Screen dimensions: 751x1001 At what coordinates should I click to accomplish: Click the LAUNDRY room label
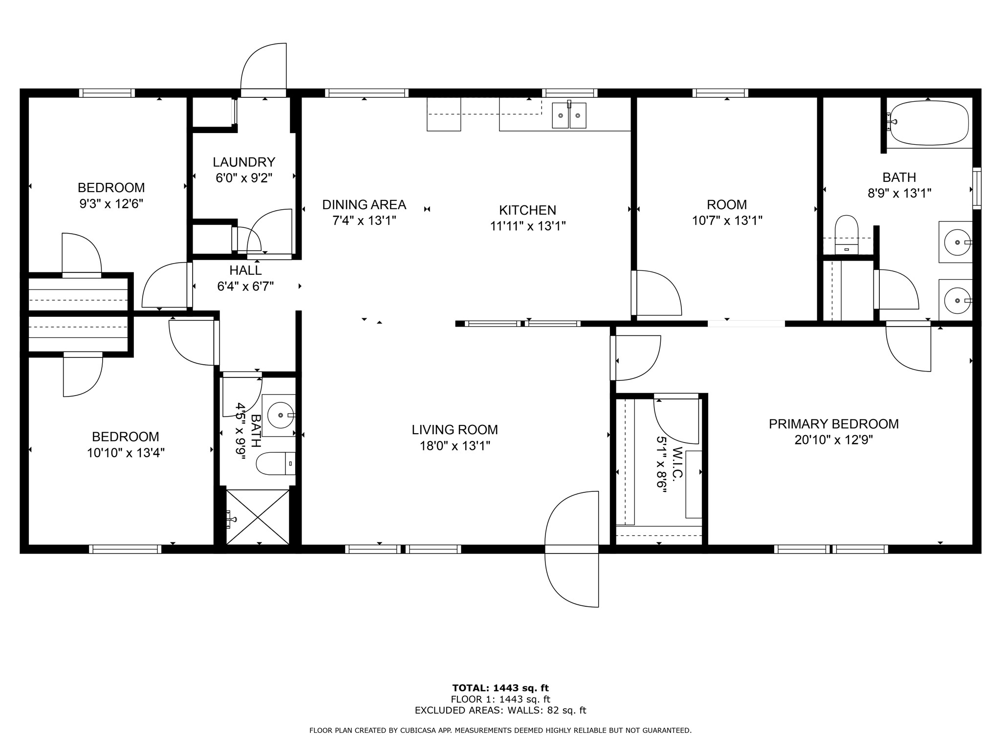click(x=244, y=162)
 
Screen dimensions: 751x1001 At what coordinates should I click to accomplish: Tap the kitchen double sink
click(x=569, y=116)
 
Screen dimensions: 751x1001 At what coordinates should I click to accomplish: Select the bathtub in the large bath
click(x=928, y=123)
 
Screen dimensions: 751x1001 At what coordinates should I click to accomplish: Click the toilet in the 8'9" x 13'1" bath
click(x=847, y=234)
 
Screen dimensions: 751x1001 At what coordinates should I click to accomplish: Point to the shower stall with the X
click(x=258, y=516)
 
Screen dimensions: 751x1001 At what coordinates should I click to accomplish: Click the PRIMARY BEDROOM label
click(x=833, y=424)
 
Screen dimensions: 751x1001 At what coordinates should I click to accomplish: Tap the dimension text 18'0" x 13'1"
click(x=455, y=446)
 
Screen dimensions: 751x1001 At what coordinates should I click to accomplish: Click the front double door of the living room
click(x=571, y=549)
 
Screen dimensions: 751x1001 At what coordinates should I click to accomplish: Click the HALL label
click(x=245, y=270)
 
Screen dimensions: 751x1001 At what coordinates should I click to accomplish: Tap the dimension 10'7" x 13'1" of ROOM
click(x=727, y=221)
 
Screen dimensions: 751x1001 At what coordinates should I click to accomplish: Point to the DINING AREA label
click(x=364, y=204)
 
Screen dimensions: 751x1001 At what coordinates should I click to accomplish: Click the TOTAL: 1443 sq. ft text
click(x=500, y=688)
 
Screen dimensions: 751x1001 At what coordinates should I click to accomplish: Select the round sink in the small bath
click(x=281, y=415)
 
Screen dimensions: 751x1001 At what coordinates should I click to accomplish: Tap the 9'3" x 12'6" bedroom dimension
click(x=111, y=203)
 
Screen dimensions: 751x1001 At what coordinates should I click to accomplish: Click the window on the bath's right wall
click(x=976, y=188)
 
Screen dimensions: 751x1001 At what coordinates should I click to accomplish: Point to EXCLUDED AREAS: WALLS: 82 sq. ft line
click(x=500, y=710)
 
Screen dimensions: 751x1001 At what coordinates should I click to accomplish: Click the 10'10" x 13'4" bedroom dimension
click(x=126, y=453)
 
